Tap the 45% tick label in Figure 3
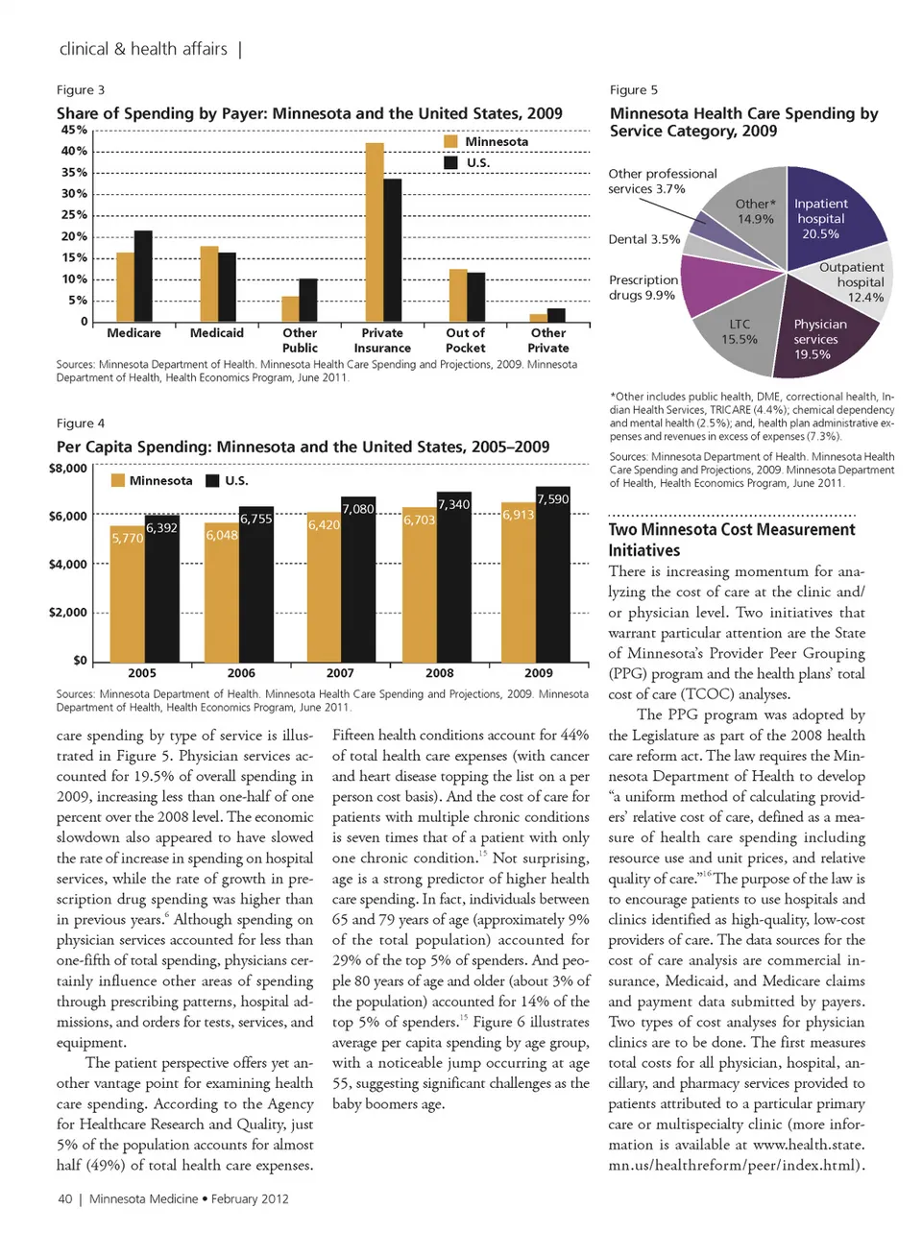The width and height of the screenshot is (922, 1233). click(74, 130)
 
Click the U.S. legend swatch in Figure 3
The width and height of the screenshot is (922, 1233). click(450, 162)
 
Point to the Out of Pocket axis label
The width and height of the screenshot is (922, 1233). click(465, 340)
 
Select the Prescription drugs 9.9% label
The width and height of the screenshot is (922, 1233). click(643, 287)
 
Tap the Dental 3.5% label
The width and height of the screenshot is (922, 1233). click(643, 239)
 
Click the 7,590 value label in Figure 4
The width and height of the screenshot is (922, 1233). click(552, 498)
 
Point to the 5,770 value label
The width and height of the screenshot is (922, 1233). click(127, 539)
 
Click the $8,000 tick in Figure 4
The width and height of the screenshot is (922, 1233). click(67, 469)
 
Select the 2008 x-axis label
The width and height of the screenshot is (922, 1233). click(439, 673)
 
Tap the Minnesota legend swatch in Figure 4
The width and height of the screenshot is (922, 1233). click(118, 480)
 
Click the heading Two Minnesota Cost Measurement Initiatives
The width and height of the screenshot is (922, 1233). click(731, 540)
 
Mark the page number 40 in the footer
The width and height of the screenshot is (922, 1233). click(65, 1198)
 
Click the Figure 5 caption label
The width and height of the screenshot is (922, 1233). click(634, 89)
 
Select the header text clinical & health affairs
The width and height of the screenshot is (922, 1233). click(143, 49)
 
